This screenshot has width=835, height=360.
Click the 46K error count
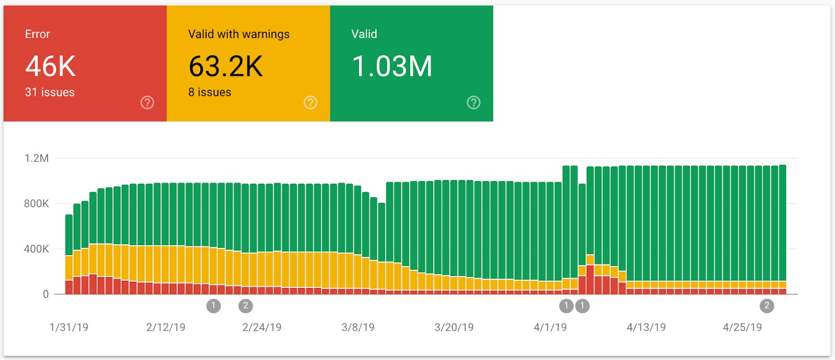tap(51, 66)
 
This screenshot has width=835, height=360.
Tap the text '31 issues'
tap(50, 92)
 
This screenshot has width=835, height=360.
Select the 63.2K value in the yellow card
tap(225, 66)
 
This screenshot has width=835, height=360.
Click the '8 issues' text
tap(210, 92)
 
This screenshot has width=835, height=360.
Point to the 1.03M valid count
tap(392, 66)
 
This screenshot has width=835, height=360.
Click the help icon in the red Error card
tap(147, 102)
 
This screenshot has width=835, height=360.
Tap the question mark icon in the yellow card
tap(311, 102)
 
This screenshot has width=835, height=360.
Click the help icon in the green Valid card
tap(473, 102)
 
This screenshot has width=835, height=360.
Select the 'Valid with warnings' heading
tap(238, 34)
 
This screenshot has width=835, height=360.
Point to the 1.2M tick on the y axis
tap(37, 158)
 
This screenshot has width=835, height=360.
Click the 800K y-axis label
tap(37, 203)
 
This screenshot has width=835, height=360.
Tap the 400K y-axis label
tap(37, 249)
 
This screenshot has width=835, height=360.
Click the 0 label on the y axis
tap(46, 294)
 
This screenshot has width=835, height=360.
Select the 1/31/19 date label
tap(69, 327)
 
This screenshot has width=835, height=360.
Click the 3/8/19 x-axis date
tap(358, 327)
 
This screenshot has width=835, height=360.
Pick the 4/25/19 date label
tap(742, 327)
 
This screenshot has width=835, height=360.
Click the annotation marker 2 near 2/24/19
tap(245, 306)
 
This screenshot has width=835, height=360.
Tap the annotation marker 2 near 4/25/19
tap(767, 306)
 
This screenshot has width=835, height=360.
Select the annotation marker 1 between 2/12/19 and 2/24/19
tap(213, 306)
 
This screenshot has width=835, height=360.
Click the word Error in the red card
tap(38, 34)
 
